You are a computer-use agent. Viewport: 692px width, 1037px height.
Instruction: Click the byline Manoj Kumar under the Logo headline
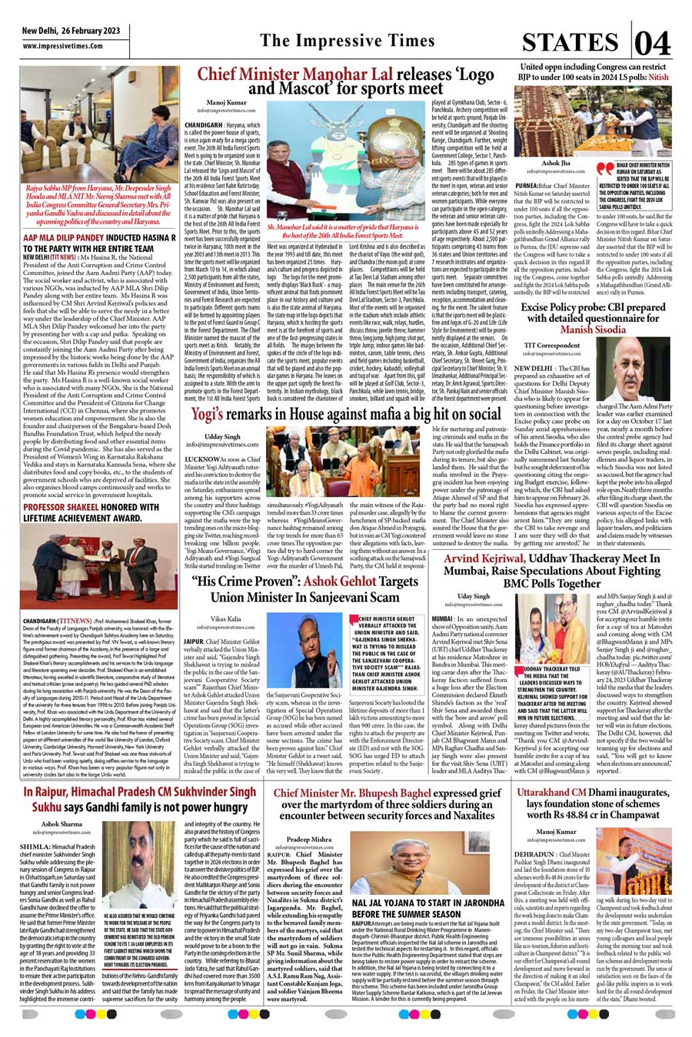[226, 102]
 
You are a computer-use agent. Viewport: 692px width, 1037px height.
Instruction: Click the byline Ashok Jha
[555, 164]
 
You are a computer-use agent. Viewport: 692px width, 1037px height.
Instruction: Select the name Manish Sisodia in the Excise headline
[593, 330]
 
